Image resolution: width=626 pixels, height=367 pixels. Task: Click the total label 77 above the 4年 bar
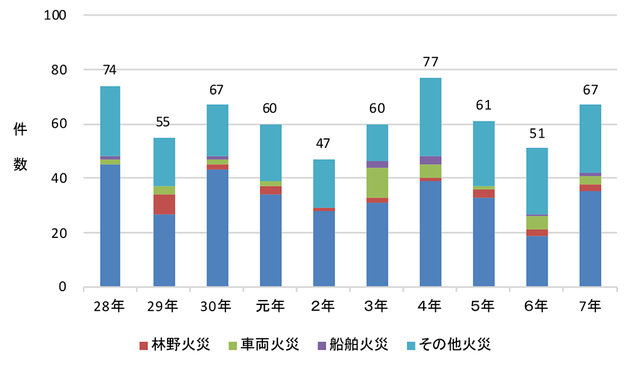click(430, 62)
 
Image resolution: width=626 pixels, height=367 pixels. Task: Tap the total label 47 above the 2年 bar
click(324, 143)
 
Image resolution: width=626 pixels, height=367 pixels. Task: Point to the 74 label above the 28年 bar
click(110, 70)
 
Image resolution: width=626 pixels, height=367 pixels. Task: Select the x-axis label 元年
click(270, 306)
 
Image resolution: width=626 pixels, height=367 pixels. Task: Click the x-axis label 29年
click(163, 306)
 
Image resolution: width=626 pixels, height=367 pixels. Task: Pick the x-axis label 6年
click(536, 306)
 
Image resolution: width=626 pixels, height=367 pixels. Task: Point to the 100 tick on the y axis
click(56, 15)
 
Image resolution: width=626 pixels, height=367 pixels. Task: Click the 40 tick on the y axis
click(59, 178)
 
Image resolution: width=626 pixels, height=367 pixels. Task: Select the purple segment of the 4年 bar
click(430, 160)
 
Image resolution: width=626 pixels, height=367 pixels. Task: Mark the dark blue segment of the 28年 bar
click(110, 225)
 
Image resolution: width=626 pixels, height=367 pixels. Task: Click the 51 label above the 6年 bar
click(536, 133)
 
